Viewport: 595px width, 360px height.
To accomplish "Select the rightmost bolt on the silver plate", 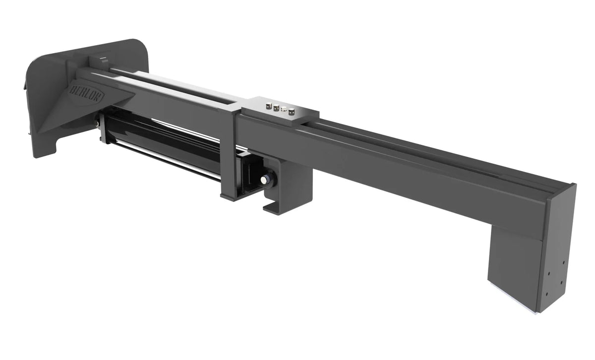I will tap(292, 111).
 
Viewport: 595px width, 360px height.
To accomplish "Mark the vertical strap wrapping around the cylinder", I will tap(228, 159).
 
